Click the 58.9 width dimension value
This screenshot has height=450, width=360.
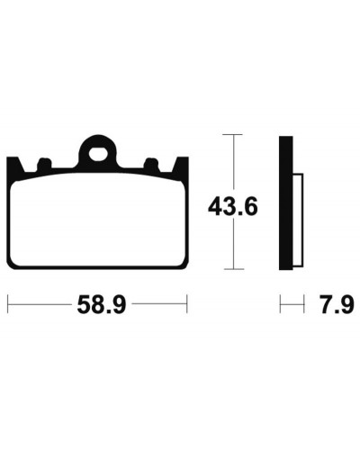tap(102, 304)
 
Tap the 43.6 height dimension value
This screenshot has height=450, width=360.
tap(233, 206)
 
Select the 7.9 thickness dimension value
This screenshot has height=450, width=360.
tap(337, 304)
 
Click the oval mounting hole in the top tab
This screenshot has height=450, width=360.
tap(98, 154)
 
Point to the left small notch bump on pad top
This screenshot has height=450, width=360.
tap(44, 164)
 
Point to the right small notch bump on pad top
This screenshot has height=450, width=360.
tap(151, 164)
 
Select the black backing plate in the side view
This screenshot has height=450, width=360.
tap(286, 203)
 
